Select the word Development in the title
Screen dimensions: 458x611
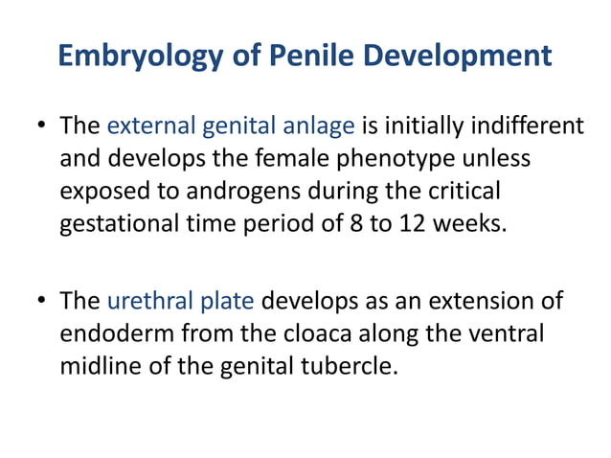[445, 56]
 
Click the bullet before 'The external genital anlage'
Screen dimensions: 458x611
[42, 126]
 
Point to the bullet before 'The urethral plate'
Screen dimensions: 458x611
[42, 303]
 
